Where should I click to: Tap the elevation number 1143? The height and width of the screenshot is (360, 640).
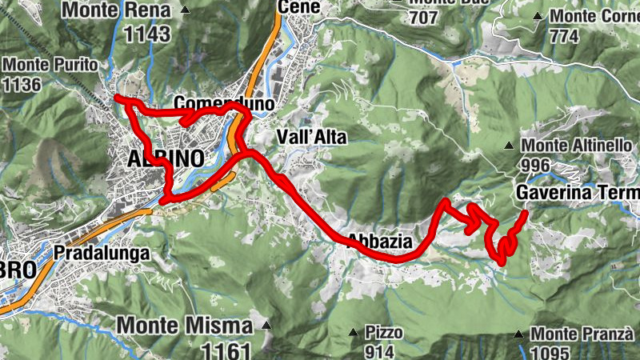click(x=142, y=34)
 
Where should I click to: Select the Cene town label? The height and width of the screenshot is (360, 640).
click(x=298, y=7)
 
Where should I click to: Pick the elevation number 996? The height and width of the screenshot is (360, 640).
click(x=538, y=165)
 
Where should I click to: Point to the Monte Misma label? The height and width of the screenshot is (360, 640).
click(x=186, y=326)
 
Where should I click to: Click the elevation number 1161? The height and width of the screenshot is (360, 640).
click(x=226, y=350)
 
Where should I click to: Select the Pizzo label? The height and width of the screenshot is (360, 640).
click(x=384, y=331)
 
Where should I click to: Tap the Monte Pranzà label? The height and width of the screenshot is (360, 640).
click(x=582, y=334)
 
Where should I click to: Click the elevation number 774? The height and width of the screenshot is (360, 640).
click(x=563, y=36)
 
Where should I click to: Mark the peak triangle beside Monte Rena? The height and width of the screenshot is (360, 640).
click(x=186, y=10)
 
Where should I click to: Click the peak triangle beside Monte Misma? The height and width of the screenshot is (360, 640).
click(x=266, y=326)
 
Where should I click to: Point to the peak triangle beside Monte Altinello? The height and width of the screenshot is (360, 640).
click(x=509, y=146)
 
